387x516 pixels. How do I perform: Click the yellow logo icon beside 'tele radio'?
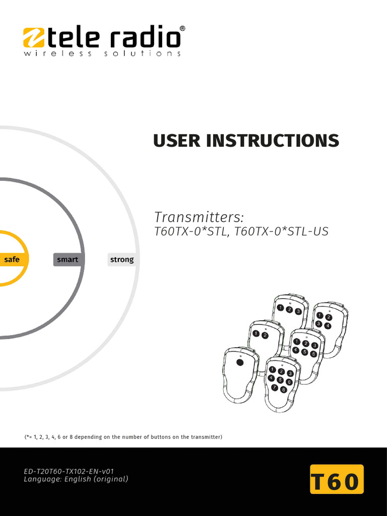[x=34, y=38]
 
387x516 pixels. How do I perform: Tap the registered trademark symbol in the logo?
[x=182, y=29]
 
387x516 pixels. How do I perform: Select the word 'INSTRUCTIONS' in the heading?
[x=273, y=141]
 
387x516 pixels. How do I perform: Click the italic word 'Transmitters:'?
[x=199, y=217]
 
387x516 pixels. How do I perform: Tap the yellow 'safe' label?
[x=12, y=260]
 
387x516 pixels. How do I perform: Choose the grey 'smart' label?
[x=68, y=260]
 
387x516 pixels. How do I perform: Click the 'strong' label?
[x=122, y=260]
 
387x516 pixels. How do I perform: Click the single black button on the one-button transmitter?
[x=240, y=362]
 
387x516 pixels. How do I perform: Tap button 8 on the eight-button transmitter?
[x=283, y=390]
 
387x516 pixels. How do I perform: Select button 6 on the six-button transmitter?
[x=313, y=354]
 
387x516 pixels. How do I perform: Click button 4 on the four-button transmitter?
[x=328, y=326]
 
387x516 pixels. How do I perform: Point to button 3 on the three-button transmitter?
[x=298, y=311]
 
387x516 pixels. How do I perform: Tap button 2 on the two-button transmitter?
[x=265, y=335]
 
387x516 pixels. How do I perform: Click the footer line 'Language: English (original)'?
[x=76, y=479]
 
